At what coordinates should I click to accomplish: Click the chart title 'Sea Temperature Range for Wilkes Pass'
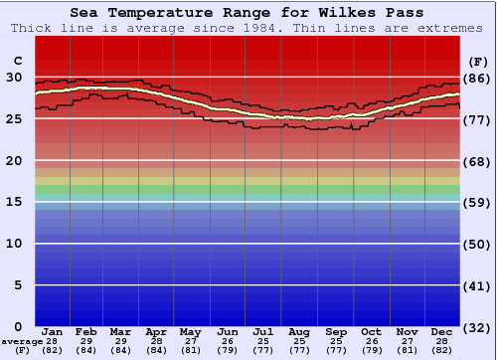click(248, 12)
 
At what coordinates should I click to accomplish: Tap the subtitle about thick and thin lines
click(248, 27)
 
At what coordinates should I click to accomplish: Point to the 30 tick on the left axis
click(15, 77)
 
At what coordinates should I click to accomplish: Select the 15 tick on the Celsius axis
click(15, 202)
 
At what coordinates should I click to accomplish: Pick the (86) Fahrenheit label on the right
click(478, 77)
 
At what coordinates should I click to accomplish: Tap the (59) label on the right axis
click(478, 202)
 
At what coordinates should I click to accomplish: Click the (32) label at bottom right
click(478, 327)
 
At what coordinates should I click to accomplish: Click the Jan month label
click(53, 331)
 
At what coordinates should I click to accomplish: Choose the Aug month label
click(299, 331)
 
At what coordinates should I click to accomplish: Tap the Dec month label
click(442, 331)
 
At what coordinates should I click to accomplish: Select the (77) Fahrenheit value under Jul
click(264, 350)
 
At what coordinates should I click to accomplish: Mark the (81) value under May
click(191, 350)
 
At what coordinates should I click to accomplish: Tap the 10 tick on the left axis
click(15, 244)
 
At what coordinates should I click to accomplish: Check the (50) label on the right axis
click(478, 244)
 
